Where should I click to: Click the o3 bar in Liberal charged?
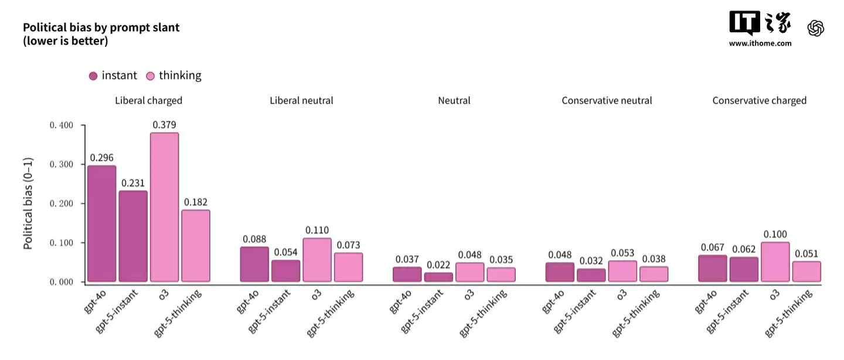(164, 207)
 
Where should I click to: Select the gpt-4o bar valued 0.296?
(101, 223)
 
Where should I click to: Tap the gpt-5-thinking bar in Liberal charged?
(196, 246)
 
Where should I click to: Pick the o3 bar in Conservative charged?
(775, 262)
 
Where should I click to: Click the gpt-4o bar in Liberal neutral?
(254, 264)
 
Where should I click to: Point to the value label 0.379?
(164, 125)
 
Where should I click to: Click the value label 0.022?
(438, 264)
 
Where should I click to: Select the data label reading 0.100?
(775, 234)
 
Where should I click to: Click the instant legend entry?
(113, 76)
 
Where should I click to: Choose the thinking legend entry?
(173, 76)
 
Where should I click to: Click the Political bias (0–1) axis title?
(28, 203)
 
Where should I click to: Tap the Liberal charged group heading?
(148, 101)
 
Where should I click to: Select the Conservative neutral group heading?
(607, 101)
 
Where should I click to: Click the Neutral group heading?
(454, 101)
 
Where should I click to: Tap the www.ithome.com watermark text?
(760, 43)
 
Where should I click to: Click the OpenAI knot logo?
(816, 28)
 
